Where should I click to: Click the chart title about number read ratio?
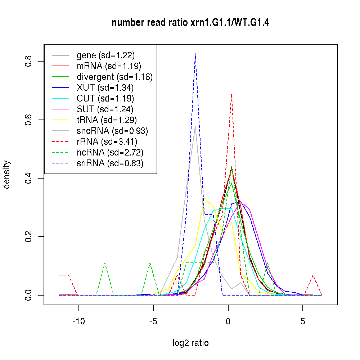coord(190,23)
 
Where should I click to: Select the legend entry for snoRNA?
coord(112,131)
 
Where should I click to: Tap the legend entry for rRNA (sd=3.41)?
coord(107,141)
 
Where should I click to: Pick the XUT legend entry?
coord(105,87)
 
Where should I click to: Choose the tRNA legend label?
coord(107,120)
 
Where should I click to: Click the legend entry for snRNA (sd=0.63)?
coord(110,163)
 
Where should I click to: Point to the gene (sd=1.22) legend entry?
coord(105,55)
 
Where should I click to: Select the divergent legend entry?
coord(114,77)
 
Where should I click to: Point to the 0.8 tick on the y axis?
coord(28,61)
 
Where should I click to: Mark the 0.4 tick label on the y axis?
coord(28,178)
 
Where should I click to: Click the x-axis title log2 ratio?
coord(190,343)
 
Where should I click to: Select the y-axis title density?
coord(7,175)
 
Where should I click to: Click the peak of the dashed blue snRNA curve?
coord(195,53)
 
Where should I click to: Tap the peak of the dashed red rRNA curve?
coord(231,94)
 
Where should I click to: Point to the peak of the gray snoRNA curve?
coord(195,126)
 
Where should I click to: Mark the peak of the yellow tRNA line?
coord(204,198)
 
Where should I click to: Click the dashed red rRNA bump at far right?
coord(313,275)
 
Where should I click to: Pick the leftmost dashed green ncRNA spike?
coord(105,263)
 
